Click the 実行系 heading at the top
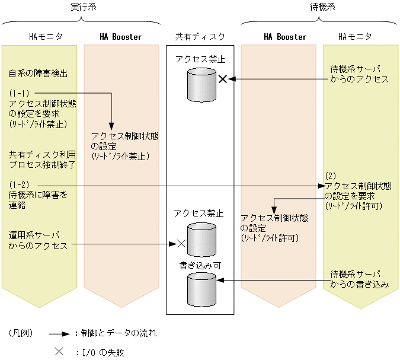(81, 7)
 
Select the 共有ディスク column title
(200, 37)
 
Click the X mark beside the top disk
(223, 79)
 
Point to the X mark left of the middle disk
(181, 243)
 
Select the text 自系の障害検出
(38, 74)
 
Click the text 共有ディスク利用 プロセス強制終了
(38, 160)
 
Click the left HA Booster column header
(121, 37)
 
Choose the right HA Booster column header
(285, 37)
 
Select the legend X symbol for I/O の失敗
(59, 351)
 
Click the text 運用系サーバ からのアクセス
(38, 241)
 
